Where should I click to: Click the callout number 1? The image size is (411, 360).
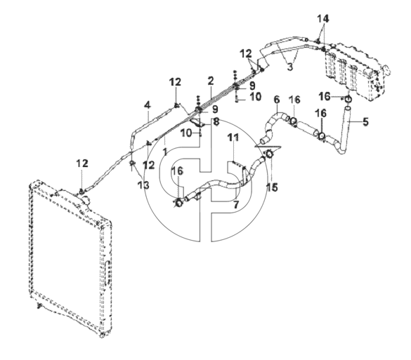pos(165,152)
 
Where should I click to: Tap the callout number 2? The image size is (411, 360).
pos(211,81)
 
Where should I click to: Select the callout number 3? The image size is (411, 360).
pos(289,67)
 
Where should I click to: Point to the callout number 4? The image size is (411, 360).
pos(148,105)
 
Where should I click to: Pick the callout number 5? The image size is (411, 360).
pos(365,121)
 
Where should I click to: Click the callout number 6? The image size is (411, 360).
pos(277,100)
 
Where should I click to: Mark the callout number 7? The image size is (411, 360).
pos(236,204)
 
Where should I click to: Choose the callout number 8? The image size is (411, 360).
pos(216,121)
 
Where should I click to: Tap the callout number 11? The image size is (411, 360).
pos(233,137)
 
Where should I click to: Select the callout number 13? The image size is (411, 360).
pos(143,185)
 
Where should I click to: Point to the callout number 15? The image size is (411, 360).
pos(272,187)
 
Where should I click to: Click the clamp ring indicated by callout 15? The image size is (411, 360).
pos(269,154)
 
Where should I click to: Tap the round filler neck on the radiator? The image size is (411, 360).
pos(86,200)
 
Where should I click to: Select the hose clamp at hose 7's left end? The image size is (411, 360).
pos(179,202)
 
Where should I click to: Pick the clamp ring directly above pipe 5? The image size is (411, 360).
pos(348,99)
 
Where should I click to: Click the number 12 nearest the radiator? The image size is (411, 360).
pos(82,164)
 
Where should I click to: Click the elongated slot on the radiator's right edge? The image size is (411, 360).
pos(106,273)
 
